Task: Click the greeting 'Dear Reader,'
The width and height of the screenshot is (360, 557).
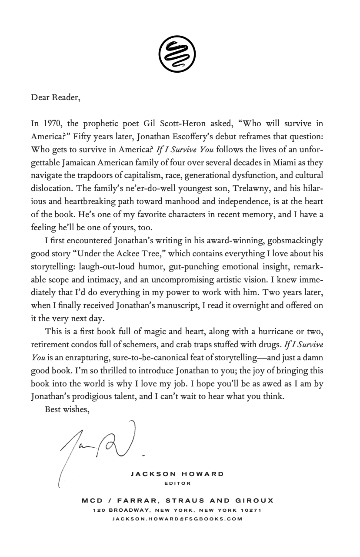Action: pos(56,97)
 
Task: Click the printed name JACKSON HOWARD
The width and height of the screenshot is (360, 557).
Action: pos(177,474)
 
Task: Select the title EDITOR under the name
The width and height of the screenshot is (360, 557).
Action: pos(177,483)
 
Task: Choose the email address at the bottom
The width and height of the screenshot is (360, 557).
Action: pos(177,519)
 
